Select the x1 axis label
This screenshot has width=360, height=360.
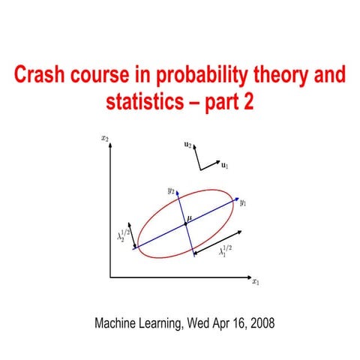255,283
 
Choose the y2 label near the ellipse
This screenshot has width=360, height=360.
171,191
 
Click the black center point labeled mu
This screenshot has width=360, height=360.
185,224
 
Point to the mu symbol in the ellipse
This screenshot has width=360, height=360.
190,217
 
